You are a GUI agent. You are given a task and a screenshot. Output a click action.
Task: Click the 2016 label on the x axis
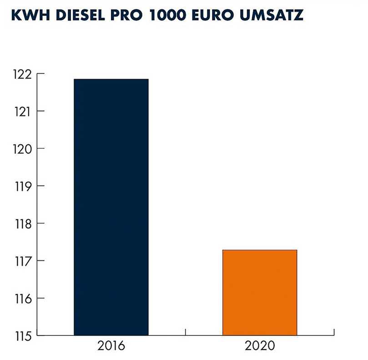tap(111, 346)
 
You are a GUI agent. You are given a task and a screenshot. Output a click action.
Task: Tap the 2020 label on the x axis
tap(260, 346)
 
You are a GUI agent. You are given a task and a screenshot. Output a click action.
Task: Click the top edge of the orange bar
tap(260, 250)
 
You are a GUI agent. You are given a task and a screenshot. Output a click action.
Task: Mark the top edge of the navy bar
tap(111, 79)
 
